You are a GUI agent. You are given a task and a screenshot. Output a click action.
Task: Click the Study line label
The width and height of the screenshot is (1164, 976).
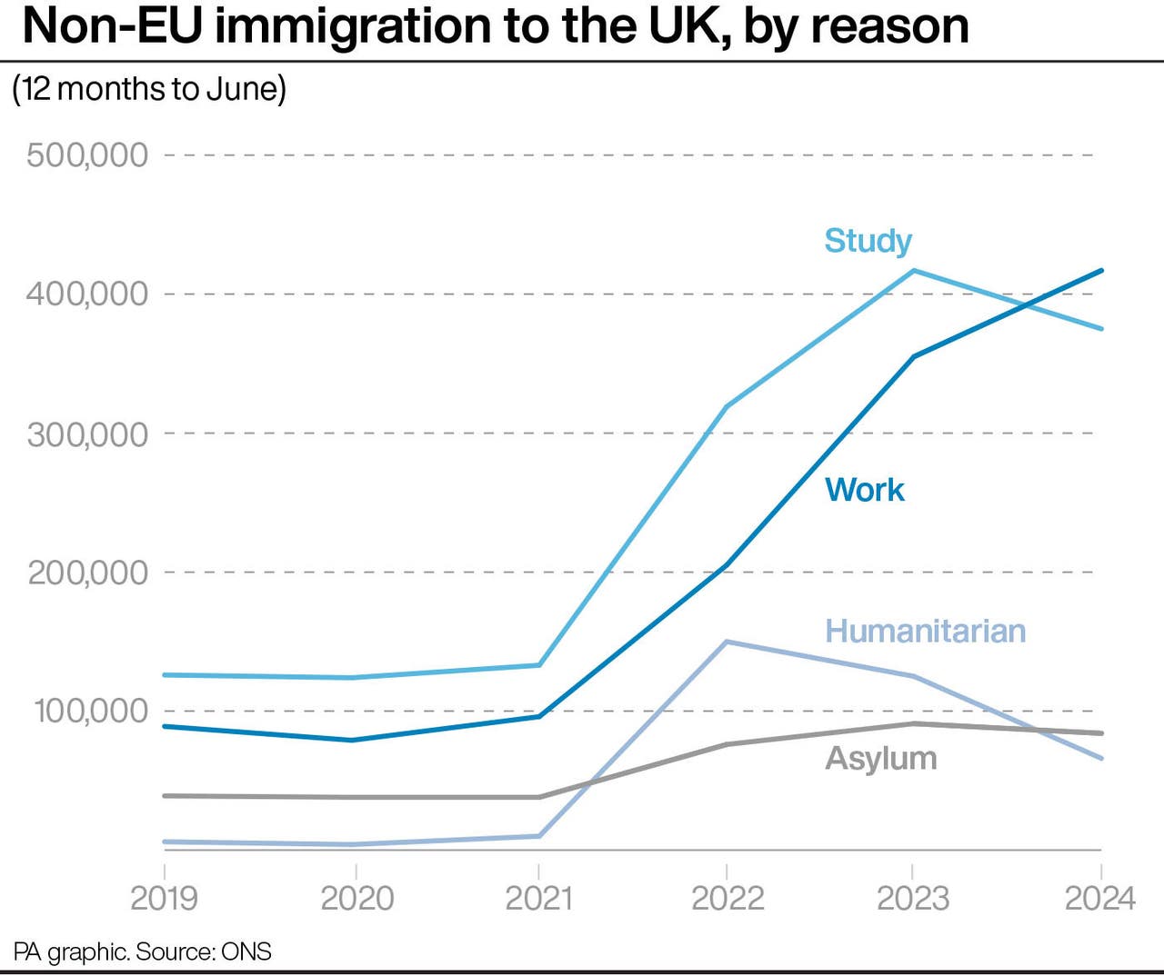[x=868, y=241]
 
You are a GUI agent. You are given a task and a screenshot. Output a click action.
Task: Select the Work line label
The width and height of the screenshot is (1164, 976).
[x=864, y=490]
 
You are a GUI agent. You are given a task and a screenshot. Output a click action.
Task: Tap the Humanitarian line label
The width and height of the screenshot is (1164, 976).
[x=925, y=631]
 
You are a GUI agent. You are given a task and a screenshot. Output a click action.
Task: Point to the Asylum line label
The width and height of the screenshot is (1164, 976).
[x=880, y=758]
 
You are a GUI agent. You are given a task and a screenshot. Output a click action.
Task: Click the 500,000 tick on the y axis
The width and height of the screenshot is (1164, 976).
[x=87, y=154]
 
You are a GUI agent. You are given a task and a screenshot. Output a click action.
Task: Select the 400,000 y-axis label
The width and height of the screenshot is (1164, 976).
[x=87, y=294]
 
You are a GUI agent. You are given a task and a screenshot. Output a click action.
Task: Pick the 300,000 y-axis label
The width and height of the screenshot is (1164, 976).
[x=87, y=433]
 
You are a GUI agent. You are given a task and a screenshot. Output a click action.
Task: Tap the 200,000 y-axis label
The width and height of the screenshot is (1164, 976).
[x=87, y=573]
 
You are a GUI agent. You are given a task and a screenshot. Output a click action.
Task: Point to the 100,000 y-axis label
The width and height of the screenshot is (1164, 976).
[x=91, y=711]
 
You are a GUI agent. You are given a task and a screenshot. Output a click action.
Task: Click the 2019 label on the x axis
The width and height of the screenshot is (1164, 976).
[x=165, y=898]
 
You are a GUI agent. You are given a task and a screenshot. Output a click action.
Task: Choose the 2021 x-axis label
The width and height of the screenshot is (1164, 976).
[x=539, y=898]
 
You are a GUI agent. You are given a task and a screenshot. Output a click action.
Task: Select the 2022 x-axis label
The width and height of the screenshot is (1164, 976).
[x=727, y=898]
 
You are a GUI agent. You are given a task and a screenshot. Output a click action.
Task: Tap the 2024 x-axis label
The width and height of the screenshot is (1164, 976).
[x=1099, y=898]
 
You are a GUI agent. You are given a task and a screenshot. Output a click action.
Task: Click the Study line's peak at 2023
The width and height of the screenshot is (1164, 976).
[x=913, y=270]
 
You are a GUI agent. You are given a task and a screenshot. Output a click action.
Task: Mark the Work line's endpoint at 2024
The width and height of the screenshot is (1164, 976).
[x=1101, y=270]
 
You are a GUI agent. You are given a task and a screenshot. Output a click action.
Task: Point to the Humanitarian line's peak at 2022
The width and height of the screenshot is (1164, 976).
[x=727, y=642]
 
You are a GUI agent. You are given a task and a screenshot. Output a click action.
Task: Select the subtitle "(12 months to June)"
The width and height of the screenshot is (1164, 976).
[x=149, y=89]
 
